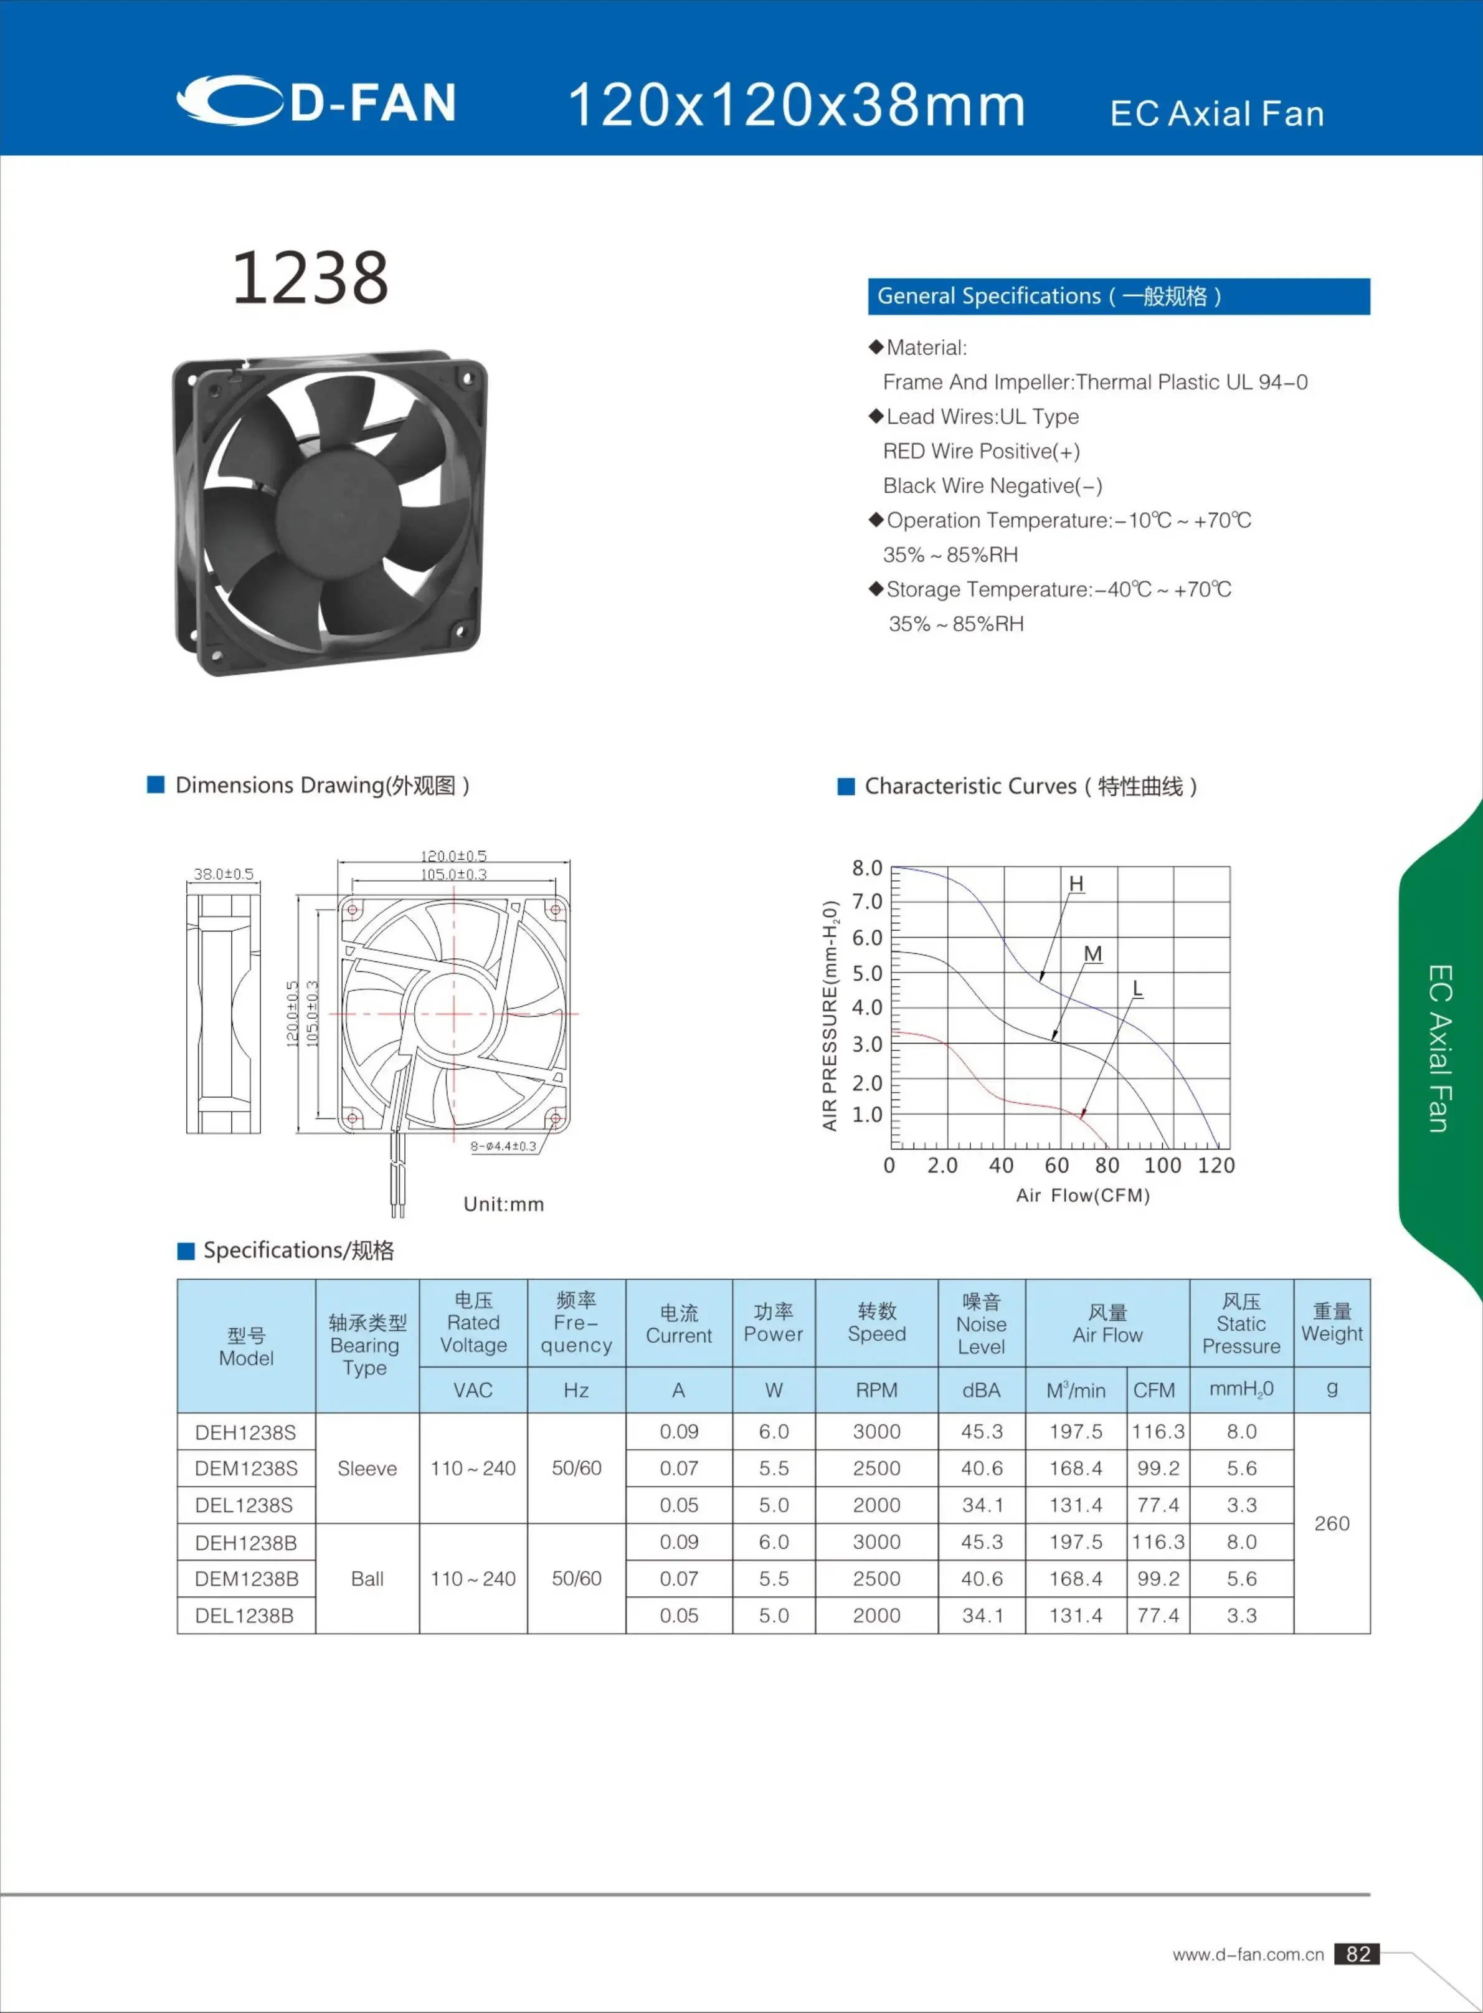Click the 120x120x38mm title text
[796, 105]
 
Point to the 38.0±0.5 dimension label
[224, 873]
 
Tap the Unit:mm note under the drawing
[504, 1204]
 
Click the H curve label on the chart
[1076, 885]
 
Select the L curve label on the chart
[1137, 989]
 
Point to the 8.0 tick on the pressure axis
[867, 868]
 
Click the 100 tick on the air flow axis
[1162, 1166]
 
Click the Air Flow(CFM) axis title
[1083, 1195]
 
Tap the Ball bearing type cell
[367, 1578]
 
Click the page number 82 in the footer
[1357, 1954]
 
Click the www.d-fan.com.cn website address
[1248, 1954]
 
